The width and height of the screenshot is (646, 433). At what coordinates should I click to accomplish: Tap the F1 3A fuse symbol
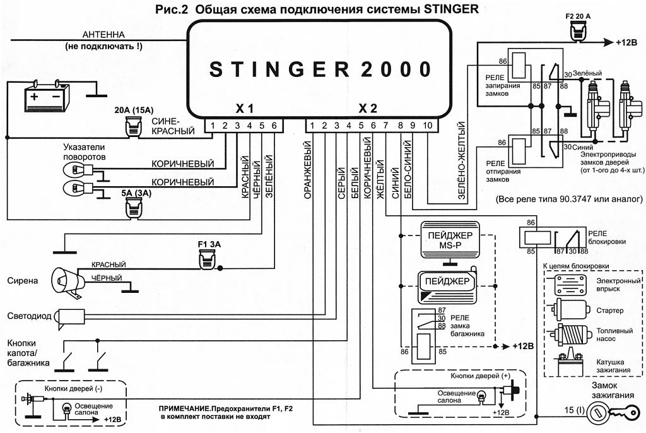[208, 259]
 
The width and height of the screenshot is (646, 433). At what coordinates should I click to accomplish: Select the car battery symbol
[47, 95]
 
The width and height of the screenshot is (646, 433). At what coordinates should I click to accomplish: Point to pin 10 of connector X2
[428, 126]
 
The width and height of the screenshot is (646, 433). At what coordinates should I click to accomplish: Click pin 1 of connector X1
[213, 126]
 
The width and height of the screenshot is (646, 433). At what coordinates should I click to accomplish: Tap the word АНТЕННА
[103, 35]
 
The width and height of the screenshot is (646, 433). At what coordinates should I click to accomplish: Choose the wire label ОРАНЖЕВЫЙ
[307, 170]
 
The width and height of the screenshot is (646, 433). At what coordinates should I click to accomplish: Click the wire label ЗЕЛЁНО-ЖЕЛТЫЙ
[461, 161]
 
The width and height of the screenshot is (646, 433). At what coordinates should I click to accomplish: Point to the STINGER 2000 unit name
[320, 69]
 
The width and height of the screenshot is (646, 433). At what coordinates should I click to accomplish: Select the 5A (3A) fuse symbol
[134, 208]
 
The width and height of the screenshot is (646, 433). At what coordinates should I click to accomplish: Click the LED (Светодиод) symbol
[70, 318]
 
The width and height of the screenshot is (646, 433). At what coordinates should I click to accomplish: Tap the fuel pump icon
[570, 334]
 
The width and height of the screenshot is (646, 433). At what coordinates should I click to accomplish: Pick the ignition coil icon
[570, 364]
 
